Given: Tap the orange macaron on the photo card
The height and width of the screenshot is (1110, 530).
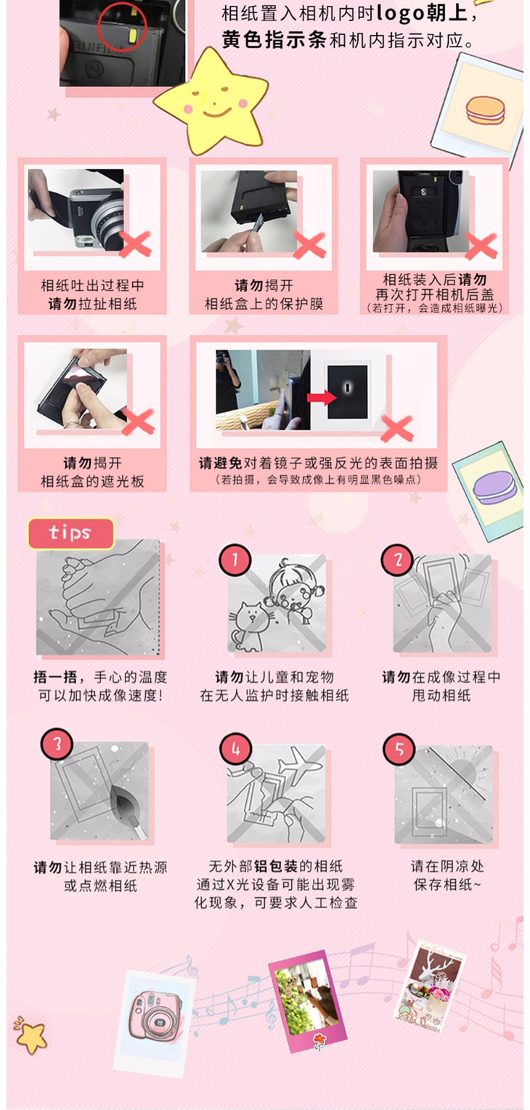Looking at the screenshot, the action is (x=485, y=110).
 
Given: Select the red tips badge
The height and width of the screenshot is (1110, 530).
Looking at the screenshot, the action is (x=71, y=533).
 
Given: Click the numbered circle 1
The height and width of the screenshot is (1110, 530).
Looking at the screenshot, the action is (x=235, y=560).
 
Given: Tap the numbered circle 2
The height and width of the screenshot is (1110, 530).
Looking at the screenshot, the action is (x=397, y=560).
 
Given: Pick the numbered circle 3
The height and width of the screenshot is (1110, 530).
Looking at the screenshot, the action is (x=57, y=744).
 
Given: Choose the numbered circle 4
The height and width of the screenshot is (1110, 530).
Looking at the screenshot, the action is (x=236, y=749).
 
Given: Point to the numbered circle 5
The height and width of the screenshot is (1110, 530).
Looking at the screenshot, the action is (x=399, y=749).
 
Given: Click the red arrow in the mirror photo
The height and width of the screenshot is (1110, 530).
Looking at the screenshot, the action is (x=321, y=397).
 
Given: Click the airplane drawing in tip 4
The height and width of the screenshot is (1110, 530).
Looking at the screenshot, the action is (x=299, y=763).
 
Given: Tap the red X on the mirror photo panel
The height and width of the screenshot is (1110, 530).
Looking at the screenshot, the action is (x=397, y=429).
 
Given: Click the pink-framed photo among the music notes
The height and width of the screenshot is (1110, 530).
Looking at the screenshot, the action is (x=306, y=1000).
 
